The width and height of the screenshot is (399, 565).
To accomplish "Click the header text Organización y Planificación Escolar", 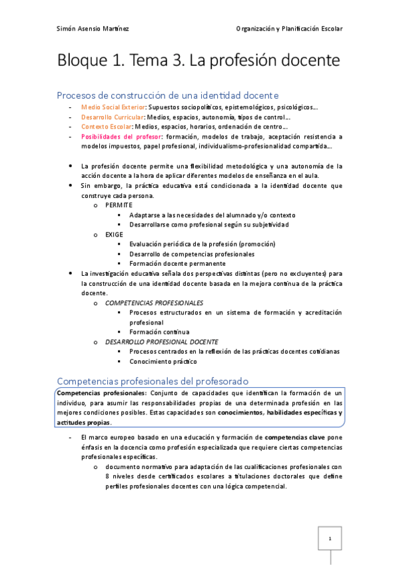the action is [289, 29].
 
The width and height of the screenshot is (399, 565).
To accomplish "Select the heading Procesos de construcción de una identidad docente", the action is [167, 95].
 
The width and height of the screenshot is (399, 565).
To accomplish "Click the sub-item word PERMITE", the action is [119, 205].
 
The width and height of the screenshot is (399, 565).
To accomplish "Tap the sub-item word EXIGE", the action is [114, 235].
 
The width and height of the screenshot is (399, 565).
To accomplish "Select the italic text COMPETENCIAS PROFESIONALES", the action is [154, 302].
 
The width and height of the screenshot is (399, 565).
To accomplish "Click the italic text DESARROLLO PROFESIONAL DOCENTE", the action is [162, 341].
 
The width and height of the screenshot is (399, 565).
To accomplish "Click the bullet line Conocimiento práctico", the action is [163, 361].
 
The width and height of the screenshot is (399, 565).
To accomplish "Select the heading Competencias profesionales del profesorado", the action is [153, 381].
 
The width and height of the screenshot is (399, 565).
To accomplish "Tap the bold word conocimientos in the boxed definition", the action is [240, 412].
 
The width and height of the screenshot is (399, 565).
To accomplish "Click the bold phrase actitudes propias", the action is [84, 422].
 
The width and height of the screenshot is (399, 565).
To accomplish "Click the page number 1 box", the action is [329, 538].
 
